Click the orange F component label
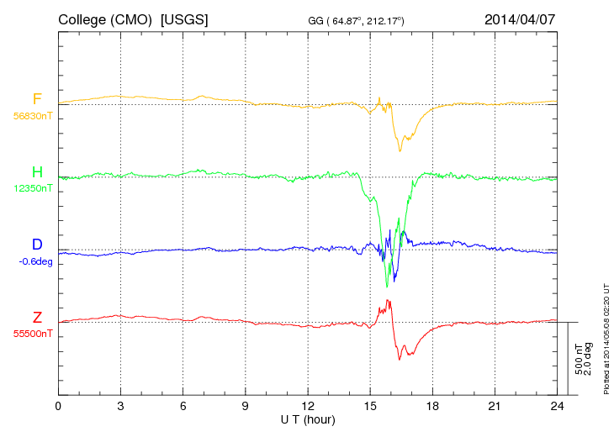click(x=37, y=99)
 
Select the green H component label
click(x=37, y=172)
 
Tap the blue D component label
click(x=37, y=245)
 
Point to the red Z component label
click(x=37, y=317)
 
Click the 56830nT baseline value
click(x=32, y=117)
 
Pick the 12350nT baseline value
click(x=32, y=189)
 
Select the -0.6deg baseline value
click(x=35, y=261)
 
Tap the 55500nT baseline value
click(x=32, y=334)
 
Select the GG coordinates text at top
click(x=357, y=20)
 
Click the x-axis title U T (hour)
click(x=308, y=419)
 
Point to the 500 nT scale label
click(x=579, y=359)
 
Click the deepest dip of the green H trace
click(x=387, y=287)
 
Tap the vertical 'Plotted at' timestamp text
click(x=606, y=336)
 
